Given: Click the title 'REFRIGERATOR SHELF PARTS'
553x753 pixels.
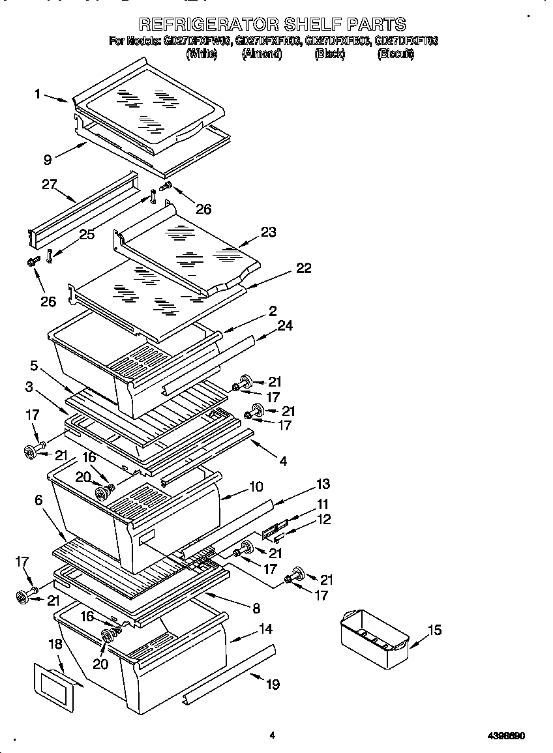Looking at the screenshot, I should click(x=273, y=25).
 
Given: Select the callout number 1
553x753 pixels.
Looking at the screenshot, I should click(x=38, y=95).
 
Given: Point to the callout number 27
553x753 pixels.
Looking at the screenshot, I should click(x=50, y=185).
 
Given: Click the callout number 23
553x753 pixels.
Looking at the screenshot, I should click(x=269, y=232).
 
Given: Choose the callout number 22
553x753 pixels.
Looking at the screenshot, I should click(x=303, y=268).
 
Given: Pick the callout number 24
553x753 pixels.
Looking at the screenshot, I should click(x=286, y=328).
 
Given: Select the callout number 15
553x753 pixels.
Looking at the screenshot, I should click(x=434, y=630).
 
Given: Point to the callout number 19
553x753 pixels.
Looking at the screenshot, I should click(x=273, y=684).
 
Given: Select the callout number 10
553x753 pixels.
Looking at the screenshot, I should click(x=256, y=486).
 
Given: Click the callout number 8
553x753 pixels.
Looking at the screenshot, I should click(x=256, y=608).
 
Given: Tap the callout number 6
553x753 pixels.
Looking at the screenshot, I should click(x=39, y=500).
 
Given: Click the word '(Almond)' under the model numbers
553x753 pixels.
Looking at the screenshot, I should click(x=262, y=55).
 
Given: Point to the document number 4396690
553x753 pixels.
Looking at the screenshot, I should click(x=506, y=735).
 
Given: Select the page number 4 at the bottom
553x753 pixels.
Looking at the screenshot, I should click(x=273, y=735).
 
